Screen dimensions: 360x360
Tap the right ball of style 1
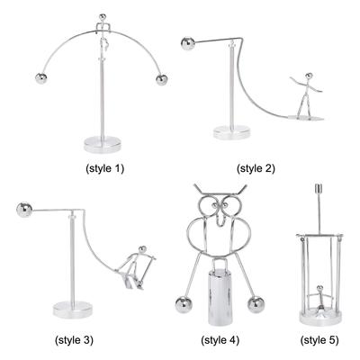click(x=163, y=80)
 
